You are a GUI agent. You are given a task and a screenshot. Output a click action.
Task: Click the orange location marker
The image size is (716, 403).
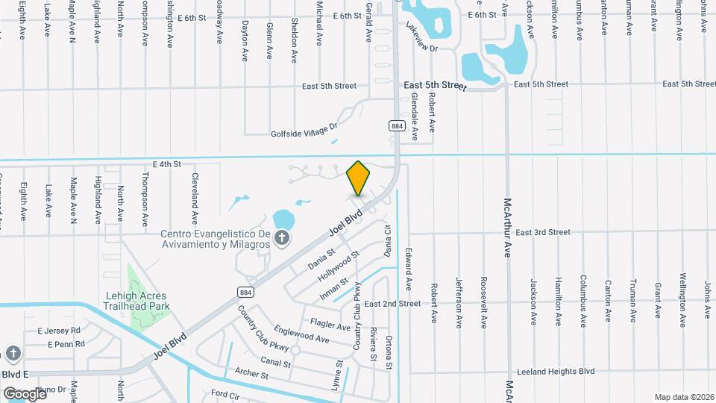[x=359, y=178]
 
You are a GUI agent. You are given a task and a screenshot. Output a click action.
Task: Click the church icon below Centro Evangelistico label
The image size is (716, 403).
[x=282, y=238]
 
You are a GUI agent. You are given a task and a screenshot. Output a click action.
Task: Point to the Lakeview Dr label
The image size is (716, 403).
[x=419, y=37]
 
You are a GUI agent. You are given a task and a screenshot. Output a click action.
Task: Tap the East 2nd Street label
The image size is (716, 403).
[x=392, y=304]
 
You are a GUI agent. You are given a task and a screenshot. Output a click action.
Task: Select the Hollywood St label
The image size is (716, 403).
[x=339, y=266]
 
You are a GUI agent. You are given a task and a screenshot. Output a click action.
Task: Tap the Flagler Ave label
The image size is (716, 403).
[x=330, y=326]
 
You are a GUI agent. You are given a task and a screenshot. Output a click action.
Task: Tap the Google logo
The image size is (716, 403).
[x=25, y=393]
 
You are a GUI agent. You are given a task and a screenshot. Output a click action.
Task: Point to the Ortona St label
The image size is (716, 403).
[x=389, y=352]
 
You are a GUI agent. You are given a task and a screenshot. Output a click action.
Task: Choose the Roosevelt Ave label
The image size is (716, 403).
[x=483, y=303]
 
